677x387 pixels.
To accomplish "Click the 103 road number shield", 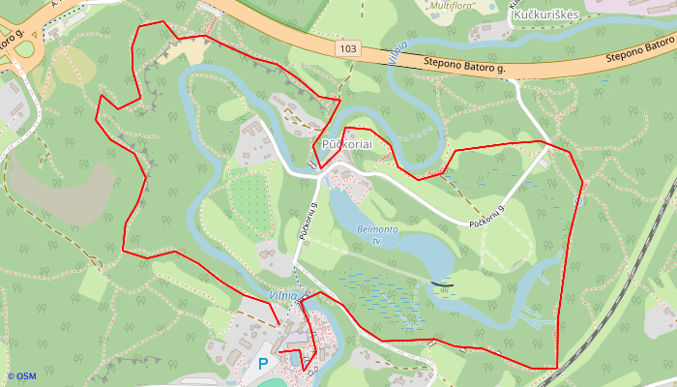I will (349, 48).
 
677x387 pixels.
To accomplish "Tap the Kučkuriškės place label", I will (545, 16).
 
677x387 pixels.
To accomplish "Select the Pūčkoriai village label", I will (348, 143).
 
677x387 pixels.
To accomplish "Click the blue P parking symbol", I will (263, 365).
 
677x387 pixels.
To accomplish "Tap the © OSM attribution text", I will (20, 376).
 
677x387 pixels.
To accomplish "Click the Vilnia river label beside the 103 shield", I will (397, 52).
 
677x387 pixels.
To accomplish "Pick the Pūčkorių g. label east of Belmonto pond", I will (488, 216).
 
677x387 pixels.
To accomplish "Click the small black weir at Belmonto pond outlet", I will (441, 284).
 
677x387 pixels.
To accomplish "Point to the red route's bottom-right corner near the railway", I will (556, 368).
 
